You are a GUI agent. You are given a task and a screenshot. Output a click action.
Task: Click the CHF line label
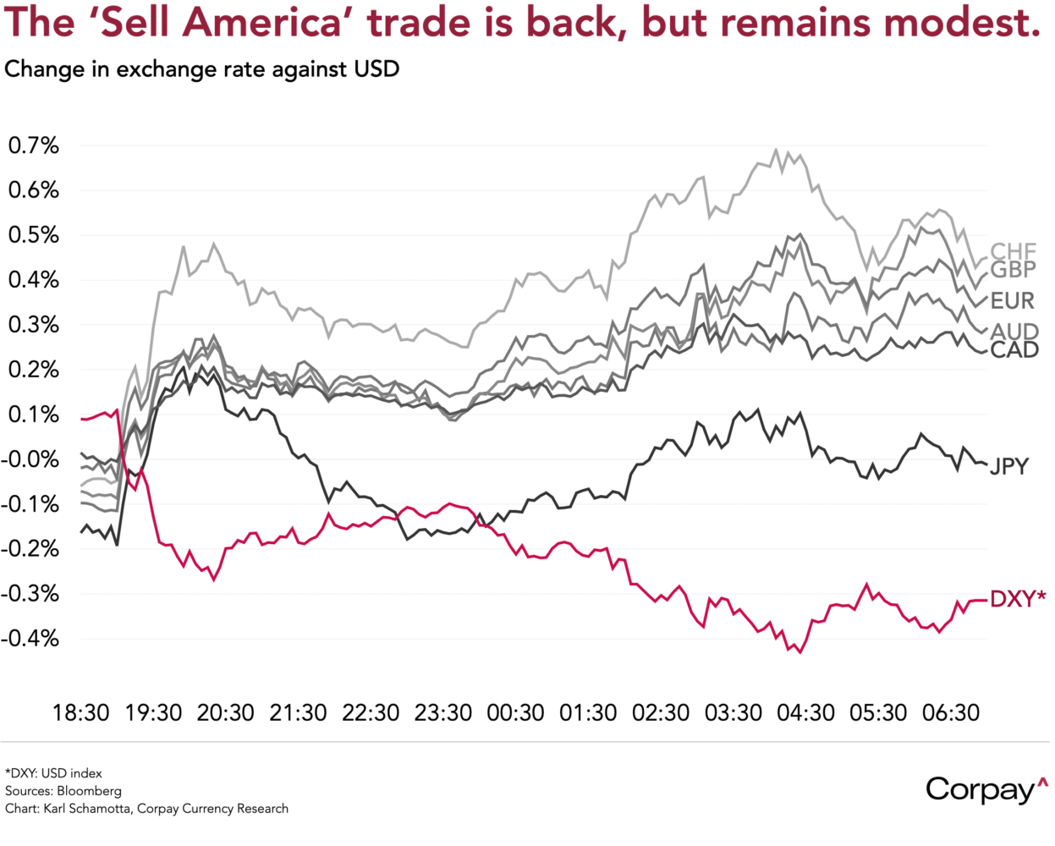1013,250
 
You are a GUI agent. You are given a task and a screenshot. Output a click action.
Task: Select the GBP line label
1013,270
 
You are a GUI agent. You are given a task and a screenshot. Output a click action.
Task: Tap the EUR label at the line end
1012,300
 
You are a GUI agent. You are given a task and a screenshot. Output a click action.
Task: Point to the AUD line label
1014,331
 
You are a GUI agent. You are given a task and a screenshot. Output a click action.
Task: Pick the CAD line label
1014,349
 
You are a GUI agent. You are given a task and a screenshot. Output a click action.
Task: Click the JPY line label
1009,466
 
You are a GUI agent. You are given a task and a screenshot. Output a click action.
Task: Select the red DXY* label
1017,599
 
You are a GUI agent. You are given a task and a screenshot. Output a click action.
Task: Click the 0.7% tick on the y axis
34,146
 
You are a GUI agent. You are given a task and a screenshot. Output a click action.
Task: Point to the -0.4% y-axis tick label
30,639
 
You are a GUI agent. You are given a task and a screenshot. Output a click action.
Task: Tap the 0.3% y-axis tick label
34,325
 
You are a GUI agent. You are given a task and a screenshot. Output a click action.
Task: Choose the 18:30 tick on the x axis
81,713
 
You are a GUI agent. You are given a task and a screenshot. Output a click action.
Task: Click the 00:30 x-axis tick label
515,713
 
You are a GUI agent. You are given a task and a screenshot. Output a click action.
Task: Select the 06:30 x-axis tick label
950,713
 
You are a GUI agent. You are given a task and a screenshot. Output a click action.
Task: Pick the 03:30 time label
734,713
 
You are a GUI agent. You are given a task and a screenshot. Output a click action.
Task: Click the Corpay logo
986,788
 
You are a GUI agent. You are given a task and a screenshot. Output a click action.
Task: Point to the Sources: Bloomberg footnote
63,791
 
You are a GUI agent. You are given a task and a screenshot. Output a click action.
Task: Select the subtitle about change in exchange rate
201,69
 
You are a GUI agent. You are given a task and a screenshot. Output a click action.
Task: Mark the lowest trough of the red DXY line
800,652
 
